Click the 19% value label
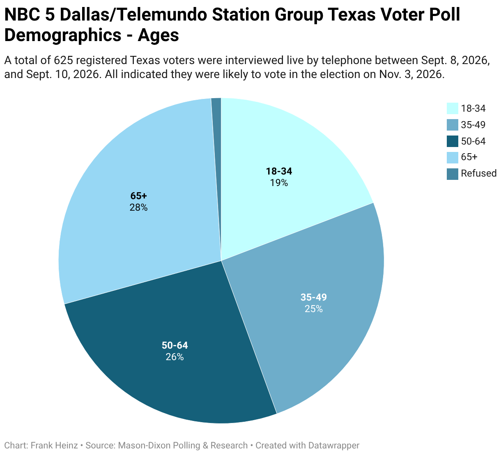point(279,183)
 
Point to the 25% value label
point(313,309)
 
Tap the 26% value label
point(175,357)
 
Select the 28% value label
point(138,207)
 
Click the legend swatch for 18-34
point(452,108)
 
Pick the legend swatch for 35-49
point(452,125)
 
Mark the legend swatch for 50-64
point(452,141)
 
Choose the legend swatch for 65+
point(452,157)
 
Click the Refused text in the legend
point(478,173)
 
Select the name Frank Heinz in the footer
point(54,445)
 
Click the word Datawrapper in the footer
point(334,445)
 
